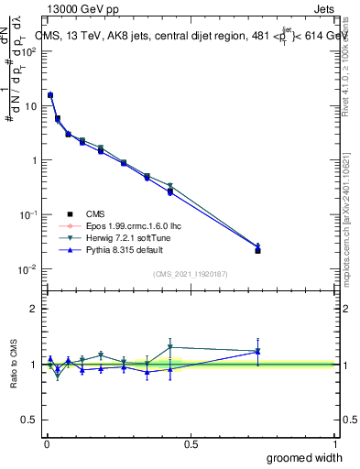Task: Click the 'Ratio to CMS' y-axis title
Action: click(x=14, y=364)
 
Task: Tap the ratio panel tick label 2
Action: click(x=31, y=309)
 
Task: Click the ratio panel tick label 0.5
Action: click(x=27, y=420)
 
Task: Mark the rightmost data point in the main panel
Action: click(x=258, y=249)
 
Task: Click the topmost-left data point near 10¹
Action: click(x=50, y=95)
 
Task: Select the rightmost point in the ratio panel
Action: click(x=258, y=351)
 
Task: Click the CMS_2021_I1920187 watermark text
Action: click(x=190, y=274)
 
